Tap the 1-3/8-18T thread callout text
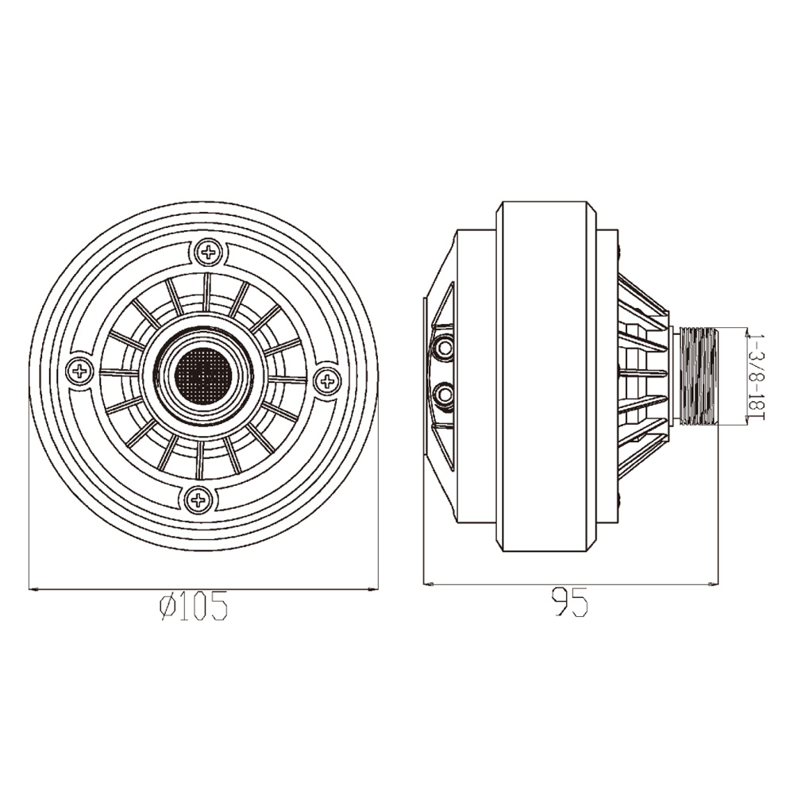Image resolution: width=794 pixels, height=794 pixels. (x=757, y=376)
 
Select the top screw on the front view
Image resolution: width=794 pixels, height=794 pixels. (x=207, y=252)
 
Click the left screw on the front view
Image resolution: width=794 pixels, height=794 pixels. (x=79, y=372)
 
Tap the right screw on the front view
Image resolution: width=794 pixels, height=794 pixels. (x=328, y=380)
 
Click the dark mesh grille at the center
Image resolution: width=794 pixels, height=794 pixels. (x=202, y=376)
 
